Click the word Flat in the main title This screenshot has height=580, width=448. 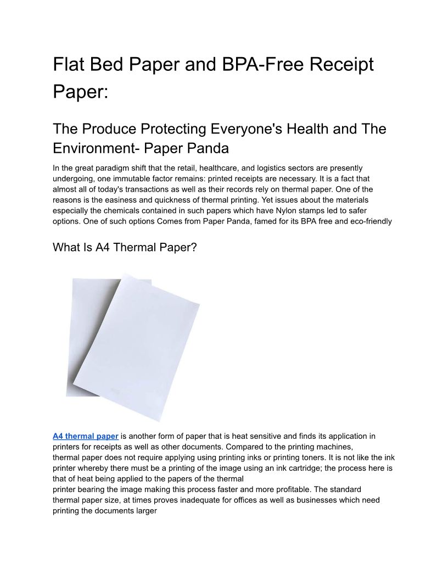pyautogui.click(x=69, y=65)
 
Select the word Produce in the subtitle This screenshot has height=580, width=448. pyautogui.click(x=114, y=129)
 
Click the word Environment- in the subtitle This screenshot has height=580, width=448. pyautogui.click(x=96, y=148)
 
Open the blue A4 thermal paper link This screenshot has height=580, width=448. pyautogui.click(x=86, y=437)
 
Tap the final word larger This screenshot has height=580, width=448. pyautogui.click(x=145, y=510)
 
